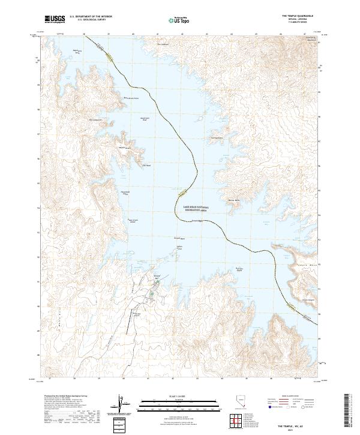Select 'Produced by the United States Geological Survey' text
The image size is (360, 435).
point(61,397)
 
